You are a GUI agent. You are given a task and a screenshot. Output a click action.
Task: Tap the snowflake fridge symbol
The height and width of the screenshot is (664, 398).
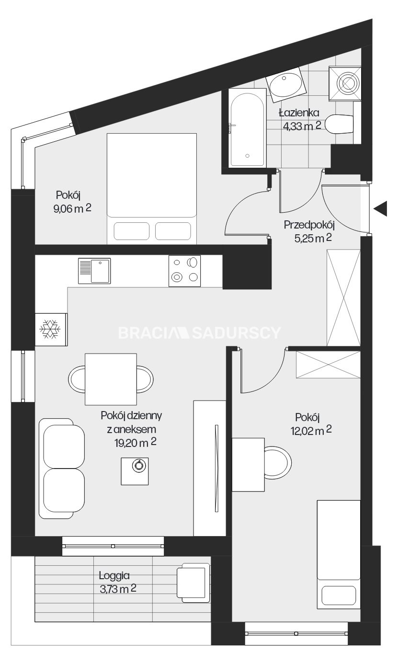[50, 329]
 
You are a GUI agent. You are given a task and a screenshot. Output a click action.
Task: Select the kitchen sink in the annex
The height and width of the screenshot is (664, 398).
[94, 271]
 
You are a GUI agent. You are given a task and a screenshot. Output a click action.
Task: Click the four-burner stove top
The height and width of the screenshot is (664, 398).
[184, 271]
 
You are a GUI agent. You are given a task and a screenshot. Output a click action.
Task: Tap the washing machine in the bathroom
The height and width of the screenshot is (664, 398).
[345, 83]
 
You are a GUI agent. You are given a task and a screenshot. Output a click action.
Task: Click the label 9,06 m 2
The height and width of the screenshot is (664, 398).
[72, 209]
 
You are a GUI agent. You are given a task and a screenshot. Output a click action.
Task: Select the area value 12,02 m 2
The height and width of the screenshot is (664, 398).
[311, 431]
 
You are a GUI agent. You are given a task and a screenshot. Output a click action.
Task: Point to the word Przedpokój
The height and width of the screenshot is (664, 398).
[309, 225]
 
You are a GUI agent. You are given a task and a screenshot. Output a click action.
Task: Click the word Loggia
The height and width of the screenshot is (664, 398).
[114, 576]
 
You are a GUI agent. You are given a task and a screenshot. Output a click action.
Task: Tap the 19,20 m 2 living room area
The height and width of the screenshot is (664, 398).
[136, 443]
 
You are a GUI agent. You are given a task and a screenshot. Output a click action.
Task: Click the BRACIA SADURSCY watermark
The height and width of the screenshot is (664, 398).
[199, 333]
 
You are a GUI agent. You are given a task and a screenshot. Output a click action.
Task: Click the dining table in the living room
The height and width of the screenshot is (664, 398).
[111, 379]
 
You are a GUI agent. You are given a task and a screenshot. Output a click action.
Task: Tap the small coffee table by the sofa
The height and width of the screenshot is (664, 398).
[135, 471]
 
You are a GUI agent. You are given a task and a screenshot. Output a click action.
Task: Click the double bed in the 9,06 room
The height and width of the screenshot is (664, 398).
[152, 189]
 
